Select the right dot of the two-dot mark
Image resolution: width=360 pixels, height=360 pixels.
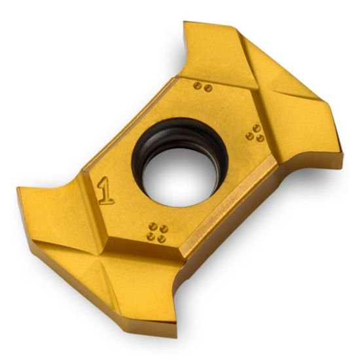click(208, 88)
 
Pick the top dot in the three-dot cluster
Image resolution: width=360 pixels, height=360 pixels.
click(257, 128)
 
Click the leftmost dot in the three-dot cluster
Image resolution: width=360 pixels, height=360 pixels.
click(250, 136)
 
